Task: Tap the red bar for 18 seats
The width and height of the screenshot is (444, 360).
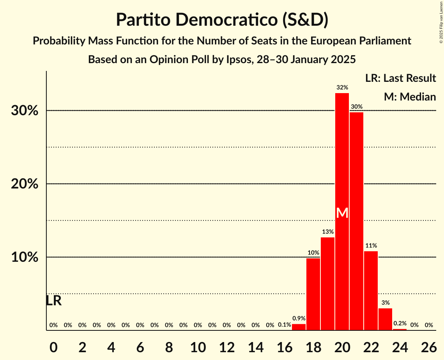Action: pos(313,294)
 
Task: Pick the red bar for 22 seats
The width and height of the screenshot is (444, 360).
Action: pos(371,291)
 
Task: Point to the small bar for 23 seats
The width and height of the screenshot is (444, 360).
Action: pos(385,319)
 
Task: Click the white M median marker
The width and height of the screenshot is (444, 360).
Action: pos(342,213)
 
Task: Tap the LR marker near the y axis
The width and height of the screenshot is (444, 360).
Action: pos(53,301)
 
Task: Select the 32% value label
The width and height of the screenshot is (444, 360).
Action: pos(342,88)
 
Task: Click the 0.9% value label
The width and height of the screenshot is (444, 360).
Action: pos(299,318)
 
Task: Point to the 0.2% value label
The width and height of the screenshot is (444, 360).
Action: pos(400,323)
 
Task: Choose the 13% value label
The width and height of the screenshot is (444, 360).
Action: pos(327,232)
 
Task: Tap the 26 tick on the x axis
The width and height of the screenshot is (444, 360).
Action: pos(429,346)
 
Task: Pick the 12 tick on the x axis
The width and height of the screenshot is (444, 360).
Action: pos(226,346)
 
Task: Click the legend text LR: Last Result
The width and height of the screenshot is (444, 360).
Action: pos(400,78)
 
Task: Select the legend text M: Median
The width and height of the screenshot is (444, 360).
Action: pos(410,97)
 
